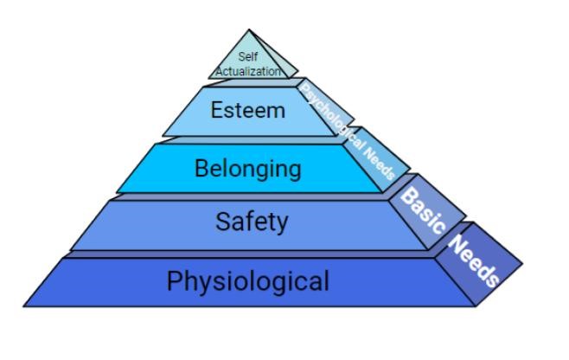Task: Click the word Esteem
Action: pos(247,111)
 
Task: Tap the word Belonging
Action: pos(248,167)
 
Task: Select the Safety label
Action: pos(252,222)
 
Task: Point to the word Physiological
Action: pos(248,281)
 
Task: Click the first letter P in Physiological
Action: pos(174,281)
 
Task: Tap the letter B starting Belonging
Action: pos(201,167)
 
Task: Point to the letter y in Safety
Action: pos(282,225)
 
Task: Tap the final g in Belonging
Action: pos(294,170)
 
